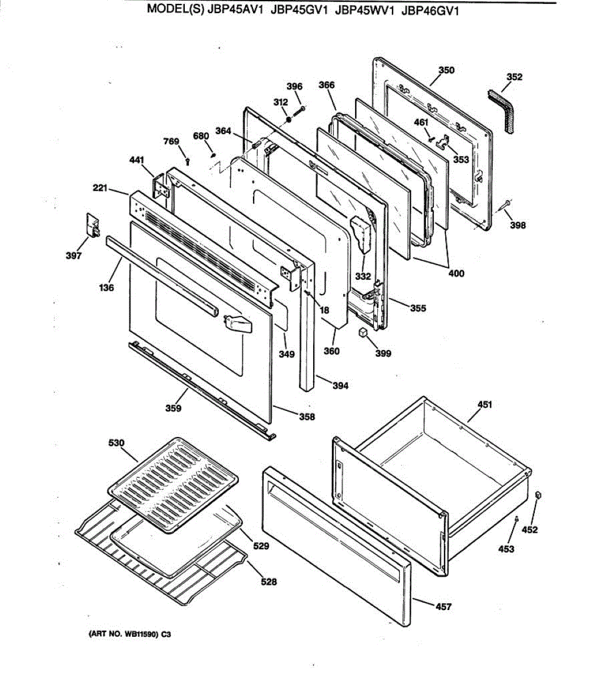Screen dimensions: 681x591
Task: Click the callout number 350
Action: coord(446,70)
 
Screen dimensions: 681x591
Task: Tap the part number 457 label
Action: coord(443,607)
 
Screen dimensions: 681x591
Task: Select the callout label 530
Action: coord(116,443)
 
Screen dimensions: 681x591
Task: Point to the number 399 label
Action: coord(383,354)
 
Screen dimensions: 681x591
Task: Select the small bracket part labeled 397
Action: coord(91,225)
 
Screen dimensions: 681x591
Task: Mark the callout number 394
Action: coord(340,386)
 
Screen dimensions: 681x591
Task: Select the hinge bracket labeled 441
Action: coord(160,187)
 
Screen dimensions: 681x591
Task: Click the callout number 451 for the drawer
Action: coord(484,405)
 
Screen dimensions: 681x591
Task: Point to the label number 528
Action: coord(269,581)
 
